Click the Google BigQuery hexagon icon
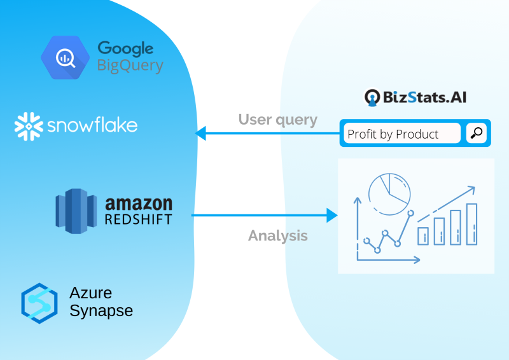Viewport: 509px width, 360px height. (x=66, y=58)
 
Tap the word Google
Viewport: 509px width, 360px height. (x=125, y=49)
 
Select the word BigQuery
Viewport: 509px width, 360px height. (x=130, y=66)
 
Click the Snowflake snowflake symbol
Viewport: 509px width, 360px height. (x=29, y=127)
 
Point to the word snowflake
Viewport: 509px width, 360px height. (x=92, y=125)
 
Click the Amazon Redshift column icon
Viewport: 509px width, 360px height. (x=76, y=211)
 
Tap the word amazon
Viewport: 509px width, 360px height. (x=139, y=204)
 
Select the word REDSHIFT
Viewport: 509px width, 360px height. (x=138, y=219)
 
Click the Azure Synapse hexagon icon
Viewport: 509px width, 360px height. (x=39, y=303)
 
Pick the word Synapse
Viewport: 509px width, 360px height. (x=101, y=310)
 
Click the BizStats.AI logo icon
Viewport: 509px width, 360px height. (x=372, y=97)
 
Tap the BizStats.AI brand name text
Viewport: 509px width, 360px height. (x=424, y=97)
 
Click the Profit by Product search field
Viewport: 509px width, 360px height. (x=402, y=133)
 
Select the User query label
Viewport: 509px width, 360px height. (x=278, y=120)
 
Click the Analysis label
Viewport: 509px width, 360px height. (x=278, y=236)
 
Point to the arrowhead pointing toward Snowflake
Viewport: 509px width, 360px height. (x=200, y=133)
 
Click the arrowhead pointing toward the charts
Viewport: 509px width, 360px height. (x=332, y=215)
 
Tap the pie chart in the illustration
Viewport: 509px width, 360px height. (x=389, y=194)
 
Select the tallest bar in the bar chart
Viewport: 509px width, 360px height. (x=471, y=224)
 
